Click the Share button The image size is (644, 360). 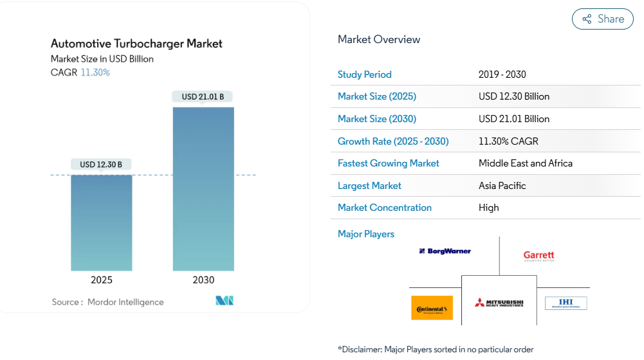click(603, 19)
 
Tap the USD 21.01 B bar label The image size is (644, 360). click(203, 96)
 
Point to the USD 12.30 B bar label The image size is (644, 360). click(101, 165)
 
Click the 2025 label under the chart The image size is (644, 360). click(101, 280)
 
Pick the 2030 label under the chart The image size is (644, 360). click(203, 280)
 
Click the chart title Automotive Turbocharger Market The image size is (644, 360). click(136, 44)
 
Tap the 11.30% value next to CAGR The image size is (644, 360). click(95, 73)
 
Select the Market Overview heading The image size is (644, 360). click(379, 39)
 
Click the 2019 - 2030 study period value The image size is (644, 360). click(502, 75)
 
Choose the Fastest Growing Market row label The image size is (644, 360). click(388, 163)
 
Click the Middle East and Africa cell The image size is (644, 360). click(525, 163)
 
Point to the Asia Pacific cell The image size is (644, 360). click(502, 186)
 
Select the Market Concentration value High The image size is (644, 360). click(488, 208)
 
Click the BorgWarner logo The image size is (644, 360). click(445, 251)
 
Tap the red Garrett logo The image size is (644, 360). click(538, 256)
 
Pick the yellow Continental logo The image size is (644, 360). click(432, 308)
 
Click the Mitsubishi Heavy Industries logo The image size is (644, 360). click(499, 303)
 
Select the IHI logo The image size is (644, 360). click(566, 303)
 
